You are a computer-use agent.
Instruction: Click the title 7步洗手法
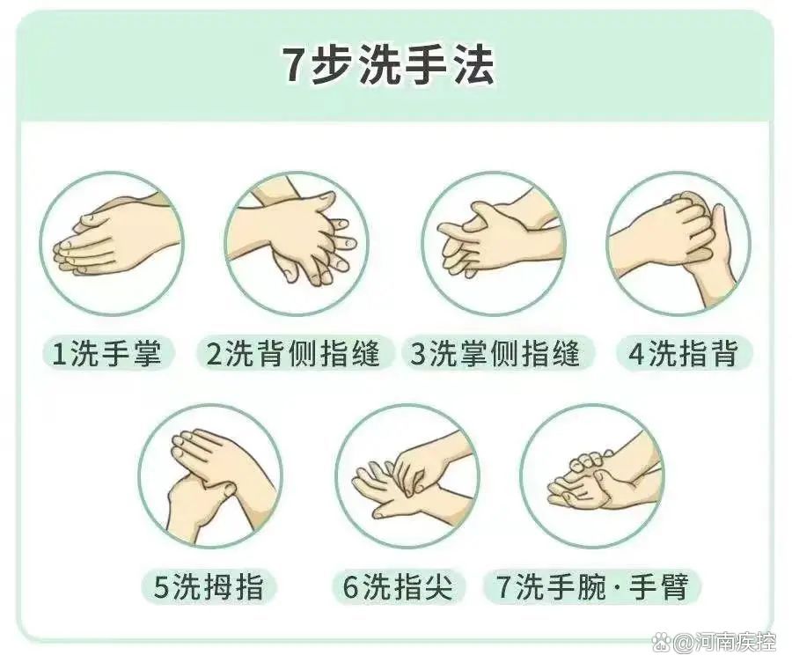point(388,66)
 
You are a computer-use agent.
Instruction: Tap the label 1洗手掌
point(107,353)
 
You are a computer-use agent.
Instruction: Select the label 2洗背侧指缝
point(293,353)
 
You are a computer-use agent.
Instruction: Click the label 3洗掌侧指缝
point(497,353)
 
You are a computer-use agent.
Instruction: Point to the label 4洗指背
point(683,353)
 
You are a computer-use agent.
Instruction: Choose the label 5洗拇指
point(209,586)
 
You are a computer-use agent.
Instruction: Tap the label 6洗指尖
point(398,586)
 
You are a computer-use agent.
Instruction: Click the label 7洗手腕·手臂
point(592,586)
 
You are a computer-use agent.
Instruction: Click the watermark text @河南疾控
point(725,644)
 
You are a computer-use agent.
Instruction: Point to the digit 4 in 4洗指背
point(637,353)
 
